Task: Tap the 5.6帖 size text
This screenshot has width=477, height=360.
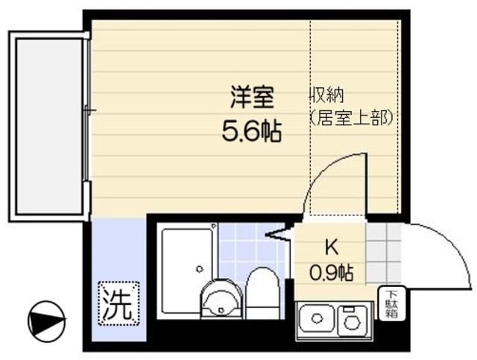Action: [250, 133]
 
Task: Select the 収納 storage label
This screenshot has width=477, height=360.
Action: [327, 96]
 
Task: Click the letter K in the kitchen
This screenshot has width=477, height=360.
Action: [330, 246]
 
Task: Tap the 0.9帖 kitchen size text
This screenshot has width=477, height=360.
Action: [330, 272]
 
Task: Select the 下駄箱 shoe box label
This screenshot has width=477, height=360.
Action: [391, 303]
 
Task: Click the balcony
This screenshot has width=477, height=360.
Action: [48, 123]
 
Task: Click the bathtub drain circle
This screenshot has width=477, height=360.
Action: [198, 269]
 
